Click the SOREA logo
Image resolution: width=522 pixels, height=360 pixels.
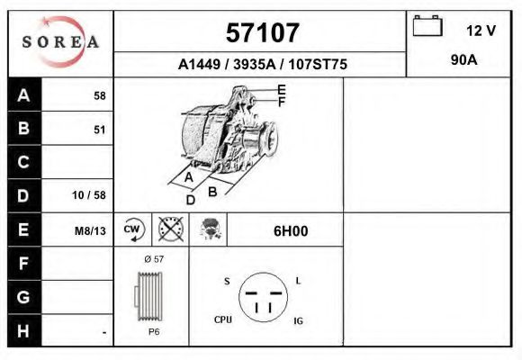click(60, 42)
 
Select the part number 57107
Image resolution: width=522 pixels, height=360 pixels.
click(261, 32)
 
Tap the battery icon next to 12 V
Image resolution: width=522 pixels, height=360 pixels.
click(427, 27)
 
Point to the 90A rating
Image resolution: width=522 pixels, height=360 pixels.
click(463, 61)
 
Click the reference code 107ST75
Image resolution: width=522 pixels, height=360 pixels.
click(314, 65)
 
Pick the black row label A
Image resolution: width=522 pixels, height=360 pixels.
click(24, 95)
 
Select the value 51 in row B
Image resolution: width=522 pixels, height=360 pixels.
click(99, 130)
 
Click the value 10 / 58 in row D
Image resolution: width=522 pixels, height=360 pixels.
click(89, 195)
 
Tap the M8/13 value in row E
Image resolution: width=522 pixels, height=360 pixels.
click(90, 230)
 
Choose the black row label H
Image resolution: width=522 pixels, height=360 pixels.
click(24, 331)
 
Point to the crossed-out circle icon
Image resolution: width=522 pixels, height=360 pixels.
click(170, 229)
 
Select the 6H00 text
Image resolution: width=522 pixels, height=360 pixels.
click(291, 230)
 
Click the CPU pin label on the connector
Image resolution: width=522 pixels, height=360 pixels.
click(224, 319)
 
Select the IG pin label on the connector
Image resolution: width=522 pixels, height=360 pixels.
click(298, 319)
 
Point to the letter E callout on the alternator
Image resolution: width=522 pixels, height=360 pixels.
click(282, 90)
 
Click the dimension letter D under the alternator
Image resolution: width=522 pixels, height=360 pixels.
click(191, 200)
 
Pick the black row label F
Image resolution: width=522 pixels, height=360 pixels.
click(24, 264)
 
